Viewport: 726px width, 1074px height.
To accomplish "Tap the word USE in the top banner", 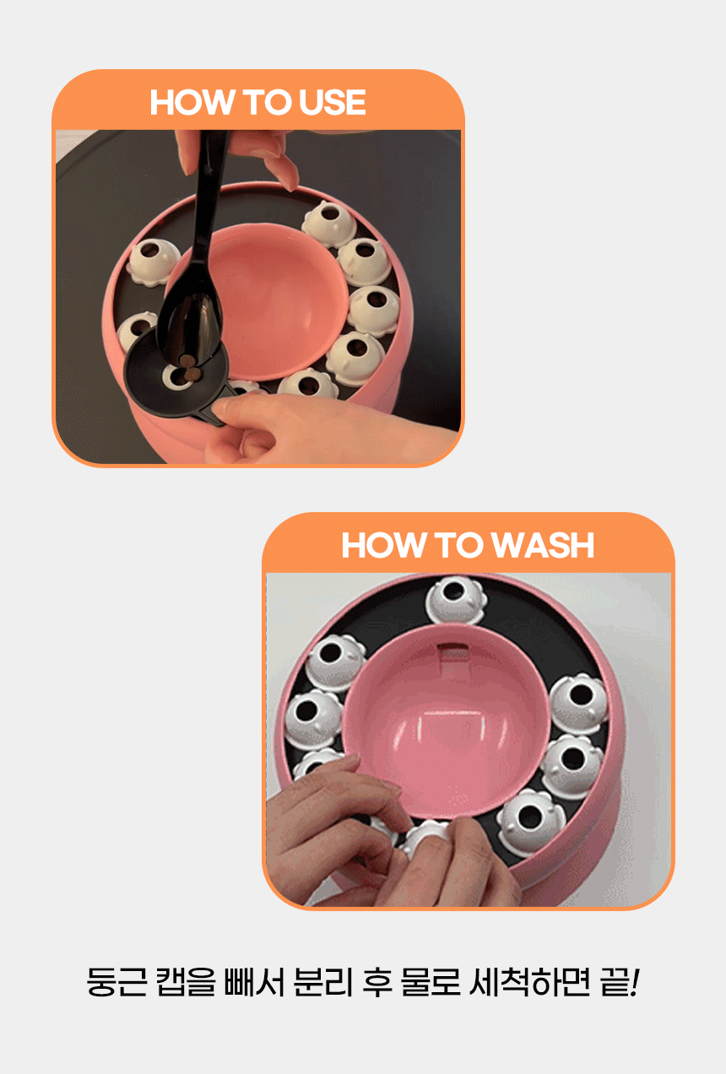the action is [x=332, y=102].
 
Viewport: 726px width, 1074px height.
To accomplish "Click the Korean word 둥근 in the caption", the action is [x=116, y=982].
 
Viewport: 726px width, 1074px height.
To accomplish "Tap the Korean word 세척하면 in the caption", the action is [x=529, y=982].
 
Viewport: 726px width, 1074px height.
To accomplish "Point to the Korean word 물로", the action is [x=431, y=982].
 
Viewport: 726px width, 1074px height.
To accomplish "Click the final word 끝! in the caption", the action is [x=619, y=982].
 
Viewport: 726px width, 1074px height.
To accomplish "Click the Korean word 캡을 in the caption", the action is [x=186, y=982].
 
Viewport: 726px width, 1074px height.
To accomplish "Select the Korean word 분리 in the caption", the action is [x=322, y=982].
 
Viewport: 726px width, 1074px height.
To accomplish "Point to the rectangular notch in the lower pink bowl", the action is [x=452, y=652].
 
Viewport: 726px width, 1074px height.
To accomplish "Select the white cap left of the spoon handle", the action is [x=153, y=262].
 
